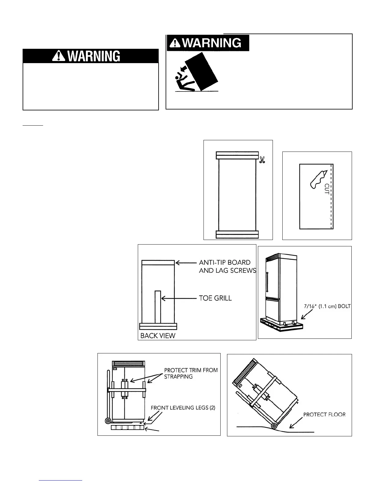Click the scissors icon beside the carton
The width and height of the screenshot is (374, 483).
tap(262, 160)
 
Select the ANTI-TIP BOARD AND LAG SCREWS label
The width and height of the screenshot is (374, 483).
tap(227, 266)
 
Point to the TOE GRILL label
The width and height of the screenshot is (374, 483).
tap(215, 298)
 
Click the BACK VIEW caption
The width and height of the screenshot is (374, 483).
tap(158, 335)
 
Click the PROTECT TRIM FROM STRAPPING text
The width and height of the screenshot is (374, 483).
tap(191, 373)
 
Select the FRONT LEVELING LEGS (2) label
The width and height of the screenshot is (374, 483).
tap(183, 408)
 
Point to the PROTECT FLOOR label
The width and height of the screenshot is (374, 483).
tap(324, 414)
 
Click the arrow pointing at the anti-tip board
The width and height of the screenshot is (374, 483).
tap(186, 262)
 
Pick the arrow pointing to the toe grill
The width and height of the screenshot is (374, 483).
tap(179, 298)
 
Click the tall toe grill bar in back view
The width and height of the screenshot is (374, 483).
tap(158, 307)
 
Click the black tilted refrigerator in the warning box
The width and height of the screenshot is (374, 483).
tap(202, 72)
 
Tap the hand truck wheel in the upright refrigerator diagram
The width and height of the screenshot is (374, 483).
tap(108, 421)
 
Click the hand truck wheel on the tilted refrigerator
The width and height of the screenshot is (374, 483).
tap(274, 426)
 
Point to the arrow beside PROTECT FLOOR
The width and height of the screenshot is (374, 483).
tap(295, 423)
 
